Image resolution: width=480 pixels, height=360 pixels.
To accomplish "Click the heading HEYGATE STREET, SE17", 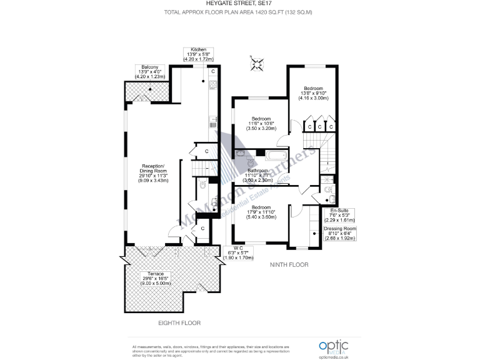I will click(x=240, y=4).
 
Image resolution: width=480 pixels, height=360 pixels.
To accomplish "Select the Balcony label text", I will click(x=149, y=72).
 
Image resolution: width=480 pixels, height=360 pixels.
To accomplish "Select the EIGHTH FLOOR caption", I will click(x=180, y=323).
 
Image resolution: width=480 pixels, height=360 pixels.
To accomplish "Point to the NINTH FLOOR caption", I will click(x=289, y=265).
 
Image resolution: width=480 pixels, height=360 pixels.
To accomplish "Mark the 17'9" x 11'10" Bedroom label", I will click(x=261, y=212).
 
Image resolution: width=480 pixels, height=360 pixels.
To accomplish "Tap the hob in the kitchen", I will click(x=212, y=85).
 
